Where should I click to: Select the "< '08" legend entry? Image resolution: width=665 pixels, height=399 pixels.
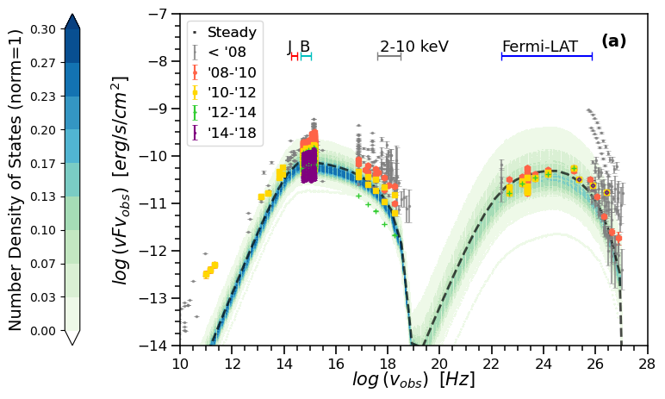tap(226, 53)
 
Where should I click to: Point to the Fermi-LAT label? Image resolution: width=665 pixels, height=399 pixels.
tap(540, 47)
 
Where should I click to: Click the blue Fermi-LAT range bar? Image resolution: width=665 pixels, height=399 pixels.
tap(547, 56)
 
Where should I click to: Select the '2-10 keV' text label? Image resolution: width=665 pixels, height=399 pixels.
tap(414, 47)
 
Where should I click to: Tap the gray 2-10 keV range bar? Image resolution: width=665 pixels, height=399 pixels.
tap(389, 56)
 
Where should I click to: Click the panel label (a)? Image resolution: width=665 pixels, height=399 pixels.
tap(613, 41)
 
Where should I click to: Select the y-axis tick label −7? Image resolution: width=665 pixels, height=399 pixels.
tap(157, 15)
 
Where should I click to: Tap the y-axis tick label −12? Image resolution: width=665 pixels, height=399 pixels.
tap(154, 251)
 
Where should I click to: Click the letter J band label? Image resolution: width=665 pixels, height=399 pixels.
tap(290, 47)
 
